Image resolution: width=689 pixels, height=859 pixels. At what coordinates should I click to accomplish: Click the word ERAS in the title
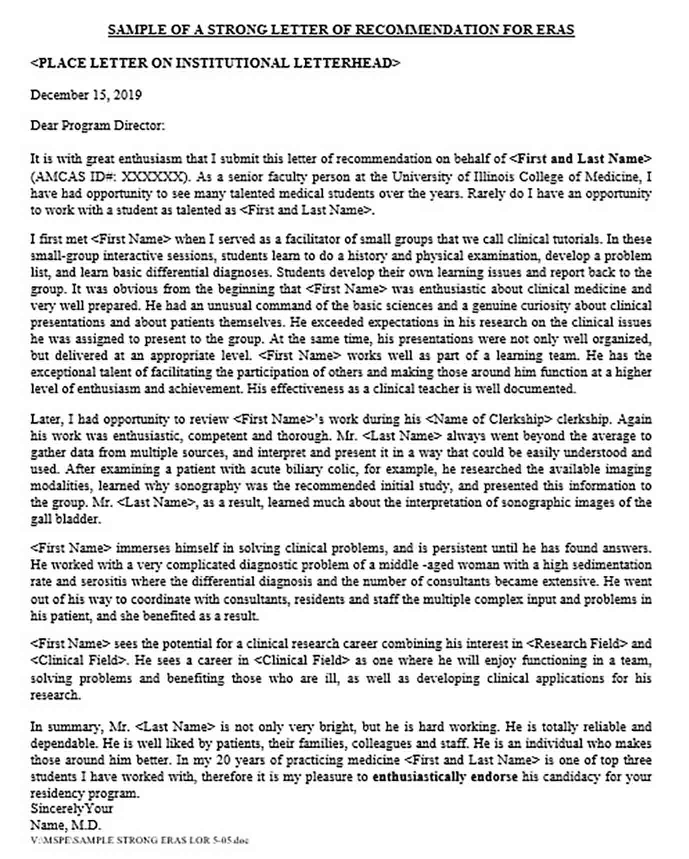point(556,30)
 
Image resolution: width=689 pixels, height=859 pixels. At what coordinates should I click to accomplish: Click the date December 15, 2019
point(86,95)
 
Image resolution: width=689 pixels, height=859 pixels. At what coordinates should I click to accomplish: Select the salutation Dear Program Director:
point(98,125)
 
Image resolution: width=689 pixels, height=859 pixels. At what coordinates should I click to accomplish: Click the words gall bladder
point(65,519)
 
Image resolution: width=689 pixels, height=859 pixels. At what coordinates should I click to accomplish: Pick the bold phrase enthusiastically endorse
point(445,777)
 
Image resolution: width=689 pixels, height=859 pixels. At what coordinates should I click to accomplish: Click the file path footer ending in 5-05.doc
point(139,840)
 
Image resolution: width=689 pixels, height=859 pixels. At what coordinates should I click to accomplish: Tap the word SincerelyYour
point(72,808)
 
